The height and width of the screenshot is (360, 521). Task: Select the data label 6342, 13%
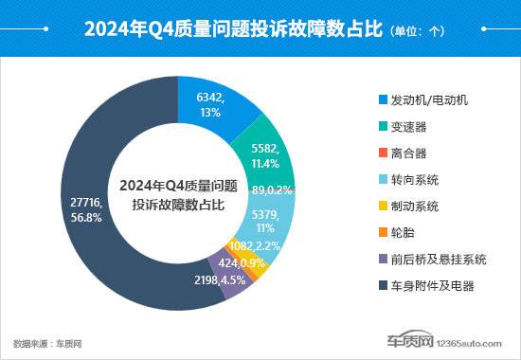[x=211, y=105]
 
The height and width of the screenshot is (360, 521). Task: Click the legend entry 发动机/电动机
[x=428, y=99]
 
